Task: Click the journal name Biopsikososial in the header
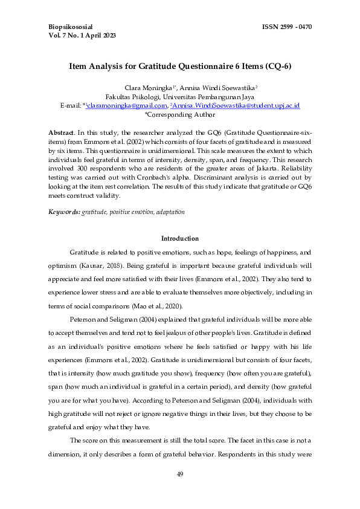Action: (x=74, y=27)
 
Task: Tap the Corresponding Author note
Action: (x=180, y=114)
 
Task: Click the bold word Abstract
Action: (x=61, y=132)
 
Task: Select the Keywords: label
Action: (x=64, y=212)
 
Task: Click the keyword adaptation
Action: (x=170, y=212)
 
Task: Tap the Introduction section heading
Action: (x=180, y=239)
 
